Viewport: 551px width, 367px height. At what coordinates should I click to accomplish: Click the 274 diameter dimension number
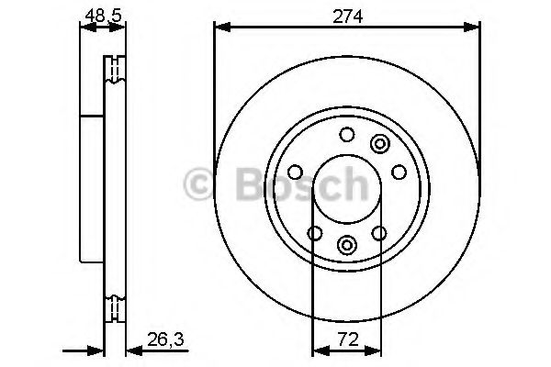347,17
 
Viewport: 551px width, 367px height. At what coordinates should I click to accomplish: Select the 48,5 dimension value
103,16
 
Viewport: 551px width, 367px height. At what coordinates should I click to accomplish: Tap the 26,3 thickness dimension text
165,339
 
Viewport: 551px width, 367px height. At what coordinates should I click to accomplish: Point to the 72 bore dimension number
348,339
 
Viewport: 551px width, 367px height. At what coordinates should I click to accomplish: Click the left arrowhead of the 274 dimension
222,27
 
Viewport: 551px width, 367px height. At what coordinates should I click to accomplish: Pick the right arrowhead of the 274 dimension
472,27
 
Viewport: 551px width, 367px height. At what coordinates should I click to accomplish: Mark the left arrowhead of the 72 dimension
320,350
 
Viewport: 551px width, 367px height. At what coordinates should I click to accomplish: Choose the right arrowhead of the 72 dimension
373,350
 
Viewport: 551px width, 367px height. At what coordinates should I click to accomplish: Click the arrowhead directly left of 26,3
134,350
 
